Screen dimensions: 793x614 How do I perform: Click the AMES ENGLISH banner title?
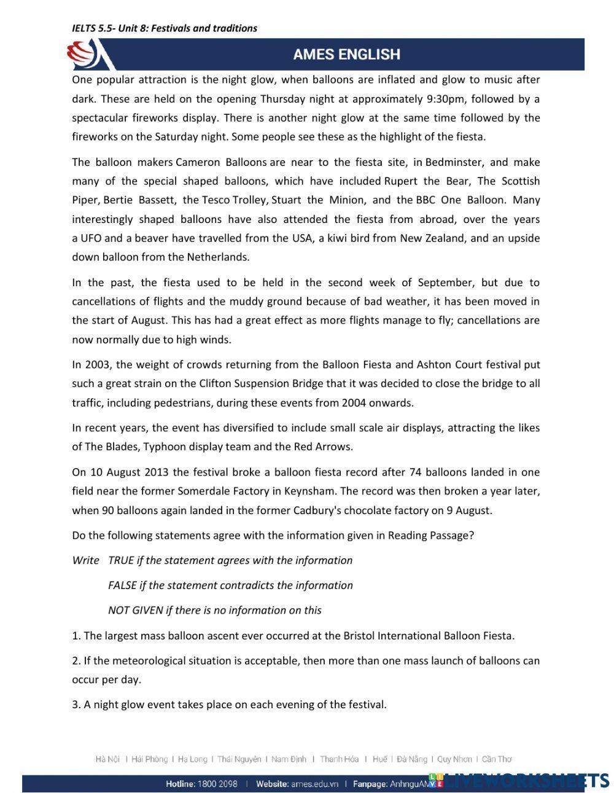pyautogui.click(x=346, y=55)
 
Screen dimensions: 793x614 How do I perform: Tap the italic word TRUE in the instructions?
pyautogui.click(x=120, y=560)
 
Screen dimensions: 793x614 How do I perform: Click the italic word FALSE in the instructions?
pyautogui.click(x=122, y=585)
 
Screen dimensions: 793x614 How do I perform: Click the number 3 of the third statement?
pyautogui.click(x=75, y=705)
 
